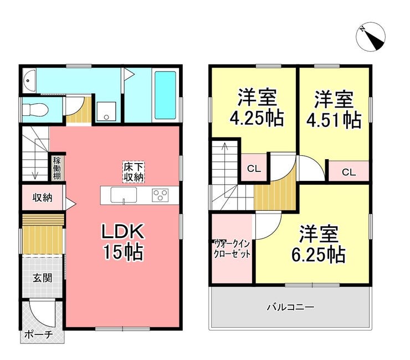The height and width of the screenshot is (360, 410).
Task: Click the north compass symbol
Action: point(371,37)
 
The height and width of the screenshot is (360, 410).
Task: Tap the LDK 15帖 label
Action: point(123,241)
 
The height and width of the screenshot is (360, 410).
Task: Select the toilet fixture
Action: point(34,109)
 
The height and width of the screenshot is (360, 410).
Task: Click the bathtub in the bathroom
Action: point(165,95)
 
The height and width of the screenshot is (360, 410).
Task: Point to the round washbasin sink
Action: point(28,80)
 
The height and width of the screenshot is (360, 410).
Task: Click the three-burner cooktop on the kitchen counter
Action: point(160,195)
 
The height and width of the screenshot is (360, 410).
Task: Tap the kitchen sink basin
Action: point(124,195)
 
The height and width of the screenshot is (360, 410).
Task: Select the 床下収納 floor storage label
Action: point(134,172)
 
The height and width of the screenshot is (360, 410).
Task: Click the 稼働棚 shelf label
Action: point(57,168)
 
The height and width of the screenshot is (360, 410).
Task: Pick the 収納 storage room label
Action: point(42,197)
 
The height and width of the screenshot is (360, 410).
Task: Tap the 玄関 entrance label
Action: point(42,278)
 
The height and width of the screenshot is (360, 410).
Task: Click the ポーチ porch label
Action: point(38,334)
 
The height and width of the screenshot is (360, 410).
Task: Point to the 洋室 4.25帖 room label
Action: point(257,108)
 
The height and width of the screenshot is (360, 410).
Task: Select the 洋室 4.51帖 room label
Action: point(334,110)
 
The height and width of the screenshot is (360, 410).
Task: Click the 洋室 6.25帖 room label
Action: point(319,244)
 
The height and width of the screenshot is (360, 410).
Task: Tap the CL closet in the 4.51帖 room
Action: point(349,172)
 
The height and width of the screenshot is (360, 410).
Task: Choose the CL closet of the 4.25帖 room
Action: point(254,168)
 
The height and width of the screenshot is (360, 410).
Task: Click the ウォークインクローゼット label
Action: point(232,249)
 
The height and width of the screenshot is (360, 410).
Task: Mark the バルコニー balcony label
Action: point(290,307)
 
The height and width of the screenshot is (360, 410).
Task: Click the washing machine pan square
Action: point(106,111)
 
